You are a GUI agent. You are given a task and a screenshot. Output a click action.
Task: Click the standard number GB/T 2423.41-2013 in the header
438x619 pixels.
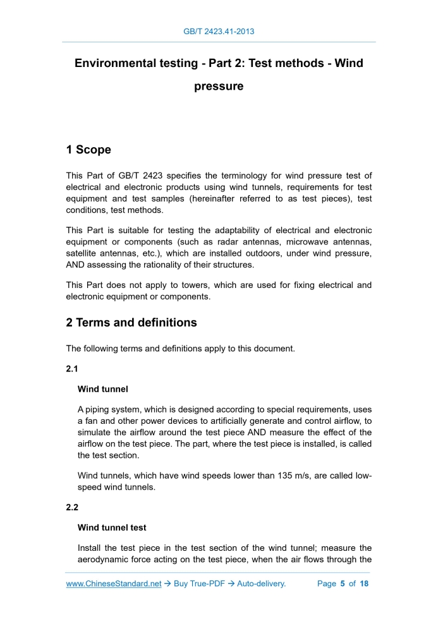(219, 31)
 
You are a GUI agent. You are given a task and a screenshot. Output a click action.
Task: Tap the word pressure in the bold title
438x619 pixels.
(219, 87)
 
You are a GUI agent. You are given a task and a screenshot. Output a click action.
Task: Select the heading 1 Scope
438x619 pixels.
(88, 150)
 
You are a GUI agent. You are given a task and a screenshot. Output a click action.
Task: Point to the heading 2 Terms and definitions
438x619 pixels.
(131, 323)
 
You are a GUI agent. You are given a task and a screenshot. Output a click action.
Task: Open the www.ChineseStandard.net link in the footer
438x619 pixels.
(114, 584)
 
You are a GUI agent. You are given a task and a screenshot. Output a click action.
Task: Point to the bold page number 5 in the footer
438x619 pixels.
(342, 584)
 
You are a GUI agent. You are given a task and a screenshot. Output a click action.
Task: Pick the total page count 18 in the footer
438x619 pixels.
(364, 584)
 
